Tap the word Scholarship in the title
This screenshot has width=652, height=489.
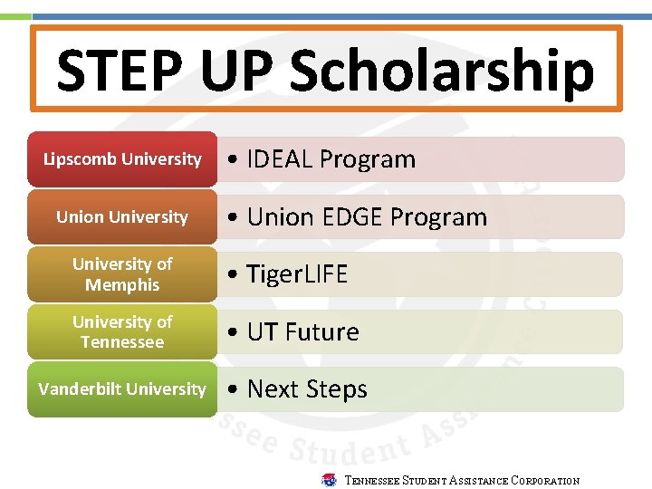pos(441,71)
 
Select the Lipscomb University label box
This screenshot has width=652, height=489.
pos(122,159)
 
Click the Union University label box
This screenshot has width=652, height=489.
pos(122,217)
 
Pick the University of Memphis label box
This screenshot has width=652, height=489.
pos(122,274)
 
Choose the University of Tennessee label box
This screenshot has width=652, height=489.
pos(122,332)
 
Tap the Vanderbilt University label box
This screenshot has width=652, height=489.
pos(122,389)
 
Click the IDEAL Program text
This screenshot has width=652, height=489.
pos(331,159)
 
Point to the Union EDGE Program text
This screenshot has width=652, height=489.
pos(367,217)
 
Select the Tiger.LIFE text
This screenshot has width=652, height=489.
pos(297,274)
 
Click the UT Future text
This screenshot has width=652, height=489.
pos(302,332)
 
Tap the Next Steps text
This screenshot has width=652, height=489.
pos(307,389)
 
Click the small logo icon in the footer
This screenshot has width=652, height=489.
pos(330,480)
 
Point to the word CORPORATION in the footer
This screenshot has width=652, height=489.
pos(545,481)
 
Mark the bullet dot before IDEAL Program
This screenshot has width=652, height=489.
pos(234,160)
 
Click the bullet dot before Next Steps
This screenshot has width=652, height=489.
pos(234,390)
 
